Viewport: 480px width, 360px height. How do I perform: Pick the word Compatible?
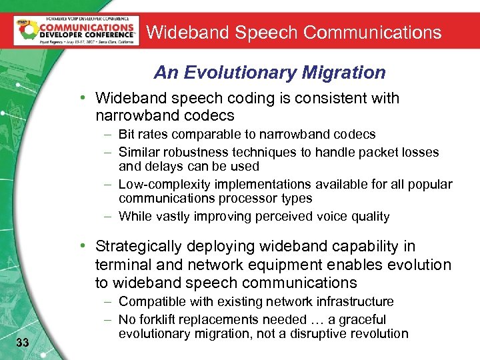(x=151, y=302)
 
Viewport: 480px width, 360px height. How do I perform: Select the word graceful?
(x=363, y=319)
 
